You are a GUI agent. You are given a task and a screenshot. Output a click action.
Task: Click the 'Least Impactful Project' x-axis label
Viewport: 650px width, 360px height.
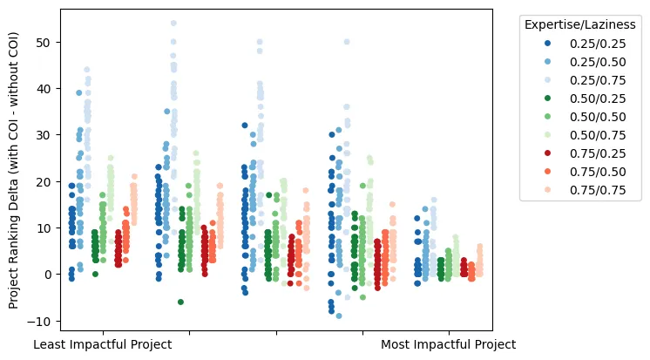click(102, 344)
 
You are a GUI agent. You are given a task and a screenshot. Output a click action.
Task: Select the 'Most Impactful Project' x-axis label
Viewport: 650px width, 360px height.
click(448, 344)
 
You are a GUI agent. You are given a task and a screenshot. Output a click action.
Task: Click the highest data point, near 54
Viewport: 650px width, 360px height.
click(173, 24)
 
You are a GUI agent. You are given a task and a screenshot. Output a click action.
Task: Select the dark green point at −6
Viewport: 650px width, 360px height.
click(180, 302)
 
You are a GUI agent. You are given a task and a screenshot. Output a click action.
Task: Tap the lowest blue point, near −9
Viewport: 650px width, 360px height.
click(339, 316)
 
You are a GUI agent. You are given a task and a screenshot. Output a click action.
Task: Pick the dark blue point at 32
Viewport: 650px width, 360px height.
click(245, 126)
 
